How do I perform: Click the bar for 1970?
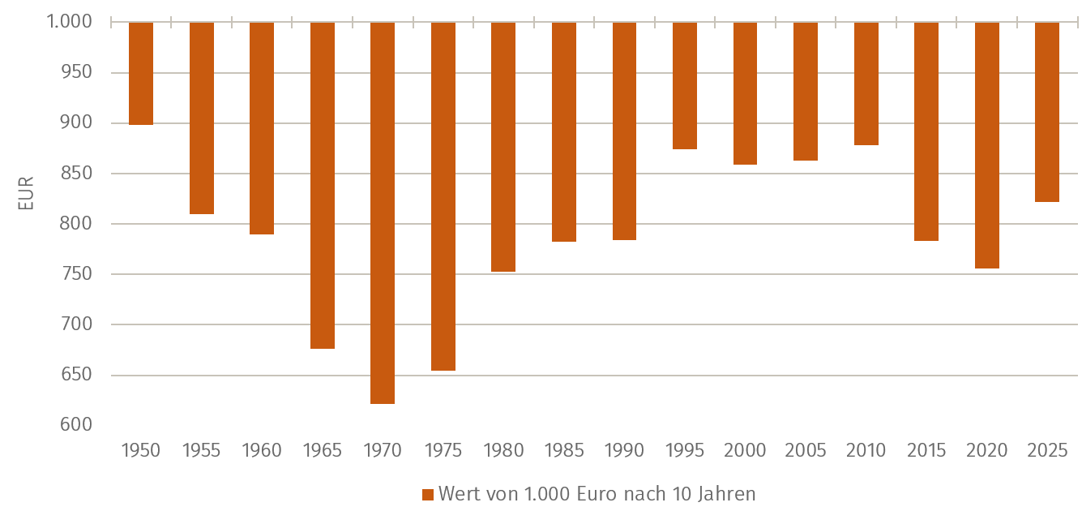pos(383,213)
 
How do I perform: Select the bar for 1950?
pos(141,73)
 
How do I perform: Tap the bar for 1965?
pos(323,185)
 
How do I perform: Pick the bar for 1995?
pos(685,85)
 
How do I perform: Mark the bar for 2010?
pos(866,84)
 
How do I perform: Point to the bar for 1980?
pos(503,147)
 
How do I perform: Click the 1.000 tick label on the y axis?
pos(69,22)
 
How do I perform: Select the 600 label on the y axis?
pos(76,425)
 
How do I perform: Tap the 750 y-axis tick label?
pos(76,274)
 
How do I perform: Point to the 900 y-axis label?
pos(76,123)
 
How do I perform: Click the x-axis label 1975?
pos(443,450)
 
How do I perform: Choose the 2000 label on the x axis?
pos(745,450)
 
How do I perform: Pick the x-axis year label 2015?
pos(926,450)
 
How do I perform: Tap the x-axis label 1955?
pos(201,450)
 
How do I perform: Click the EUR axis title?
pos(26,193)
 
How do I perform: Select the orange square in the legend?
pos(428,495)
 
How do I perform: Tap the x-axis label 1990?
pos(624,450)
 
